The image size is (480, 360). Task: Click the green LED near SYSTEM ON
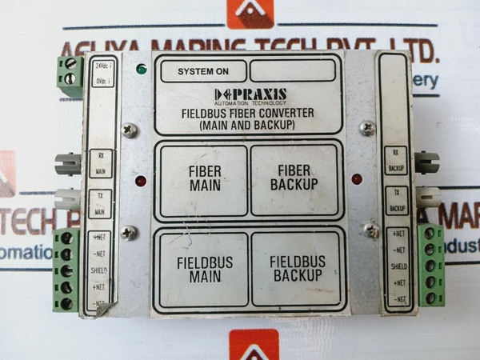point(142,70)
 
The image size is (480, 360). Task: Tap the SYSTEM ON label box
point(203,71)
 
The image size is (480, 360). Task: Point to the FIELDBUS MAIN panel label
point(203,269)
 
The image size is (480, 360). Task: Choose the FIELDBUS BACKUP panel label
point(296,269)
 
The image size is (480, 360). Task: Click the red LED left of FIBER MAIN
point(141,181)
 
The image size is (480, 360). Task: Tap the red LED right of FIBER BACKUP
point(357,178)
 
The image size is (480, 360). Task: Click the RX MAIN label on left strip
point(100,163)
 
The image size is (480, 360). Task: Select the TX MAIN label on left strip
point(100,205)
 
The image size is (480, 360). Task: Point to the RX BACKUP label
point(395,160)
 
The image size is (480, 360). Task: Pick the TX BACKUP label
point(395,200)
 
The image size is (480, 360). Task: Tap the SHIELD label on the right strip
point(398,266)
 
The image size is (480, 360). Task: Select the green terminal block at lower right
point(432,266)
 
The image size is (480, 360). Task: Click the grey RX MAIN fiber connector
point(68,163)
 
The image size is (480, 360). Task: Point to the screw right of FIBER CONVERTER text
point(367,126)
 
